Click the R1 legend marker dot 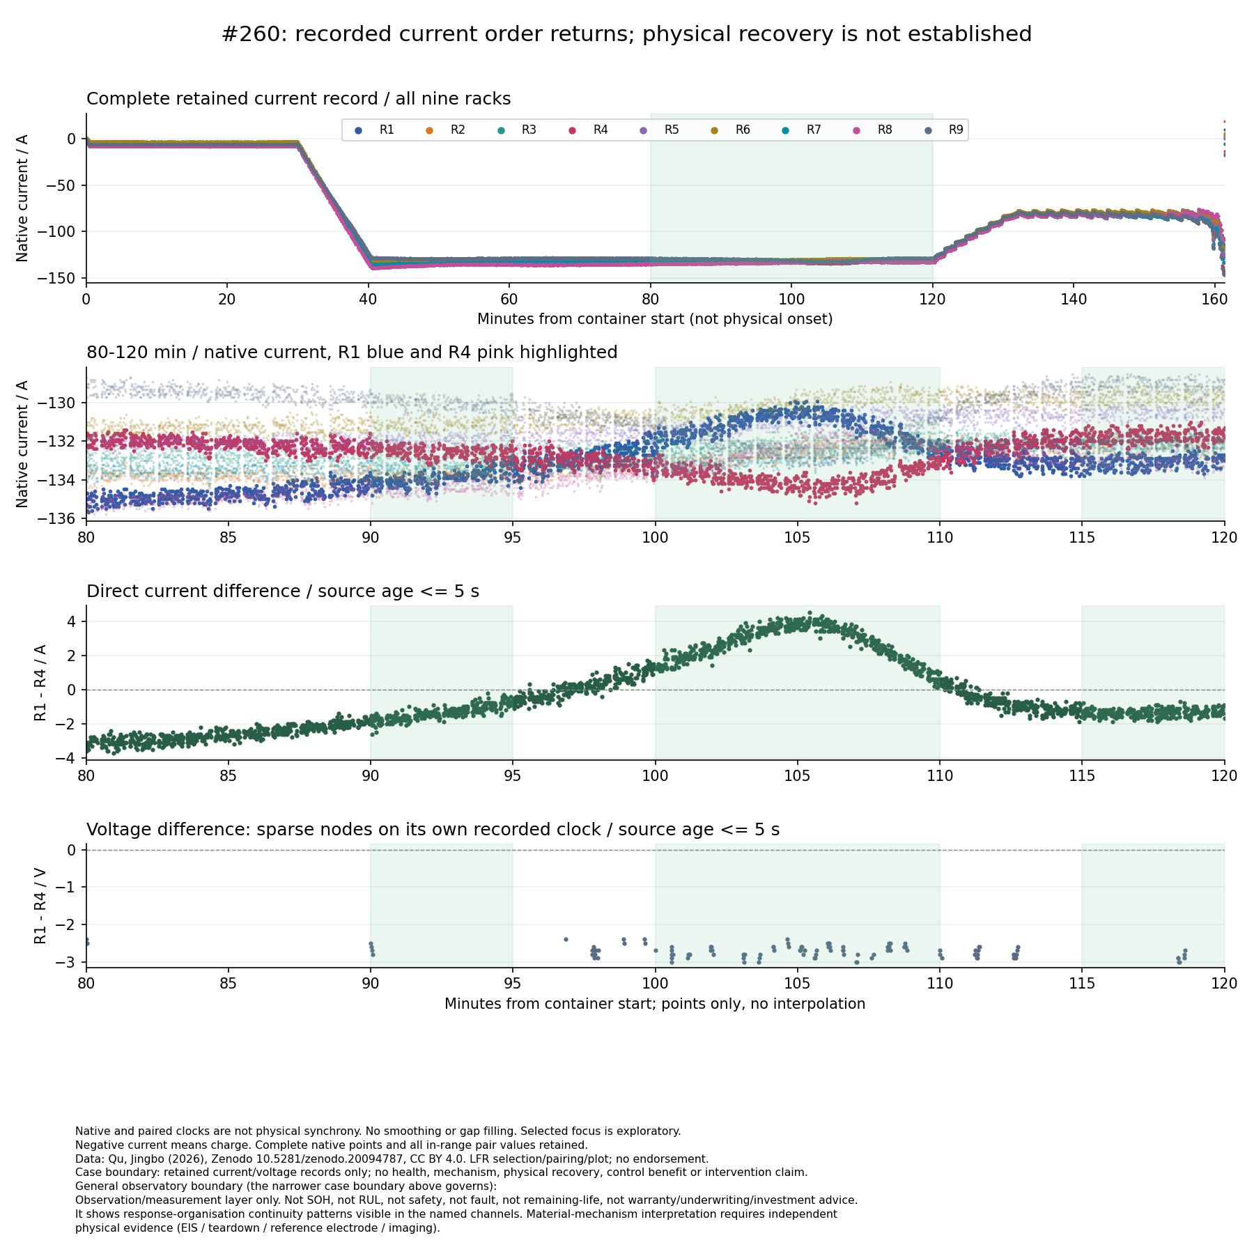click(x=359, y=130)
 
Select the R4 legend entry click(x=589, y=130)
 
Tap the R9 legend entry click(x=944, y=130)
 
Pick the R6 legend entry click(x=731, y=130)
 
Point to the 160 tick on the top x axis click(x=1214, y=299)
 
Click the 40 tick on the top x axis click(x=368, y=299)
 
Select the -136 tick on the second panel click(x=62, y=518)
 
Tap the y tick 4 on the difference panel click(x=72, y=621)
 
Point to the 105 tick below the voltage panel click(x=798, y=984)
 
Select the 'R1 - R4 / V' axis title click(x=40, y=906)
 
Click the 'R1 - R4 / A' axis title click(x=40, y=683)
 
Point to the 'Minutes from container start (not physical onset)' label click(x=655, y=319)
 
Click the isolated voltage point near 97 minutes click(x=566, y=939)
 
